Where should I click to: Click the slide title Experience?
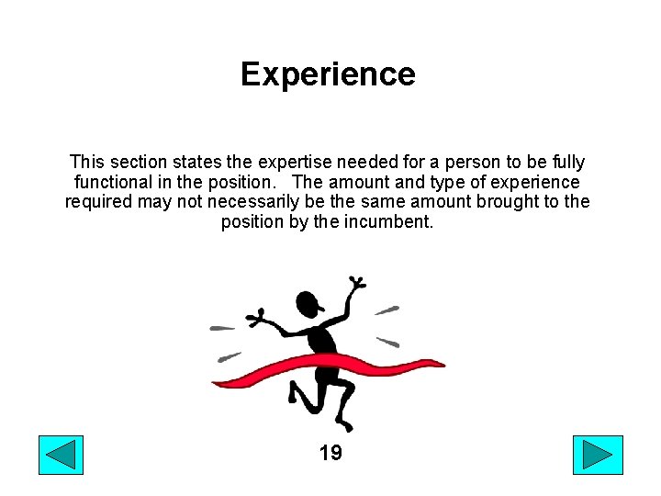coord(328,73)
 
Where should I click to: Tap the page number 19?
coord(330,452)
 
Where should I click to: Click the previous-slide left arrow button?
coord(61,456)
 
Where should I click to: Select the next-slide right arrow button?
coord(598,456)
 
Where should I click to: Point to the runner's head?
coord(308,302)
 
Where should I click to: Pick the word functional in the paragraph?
coord(116,183)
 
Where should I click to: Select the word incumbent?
coord(388,221)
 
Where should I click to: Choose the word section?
coord(145,163)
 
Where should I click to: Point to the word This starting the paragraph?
coord(88,163)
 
